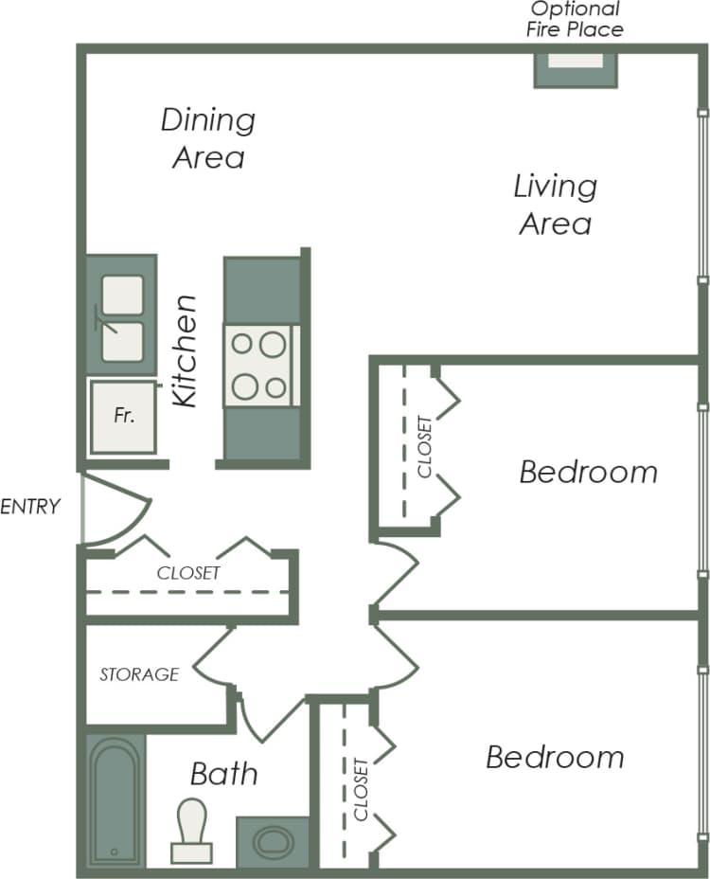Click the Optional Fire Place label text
(x=576, y=19)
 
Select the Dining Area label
(x=208, y=138)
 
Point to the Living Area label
(x=555, y=204)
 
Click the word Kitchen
(x=186, y=351)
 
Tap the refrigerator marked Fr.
(x=123, y=417)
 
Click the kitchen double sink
(x=122, y=317)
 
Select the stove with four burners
(x=260, y=366)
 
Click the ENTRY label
(x=30, y=506)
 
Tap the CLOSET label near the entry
(x=188, y=573)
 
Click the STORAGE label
(x=139, y=674)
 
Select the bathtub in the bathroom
(x=115, y=800)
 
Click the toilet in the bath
(x=192, y=830)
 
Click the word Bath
(x=223, y=774)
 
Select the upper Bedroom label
(x=588, y=472)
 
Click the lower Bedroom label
(x=555, y=758)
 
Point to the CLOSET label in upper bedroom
(x=424, y=447)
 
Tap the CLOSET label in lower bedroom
(x=360, y=789)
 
